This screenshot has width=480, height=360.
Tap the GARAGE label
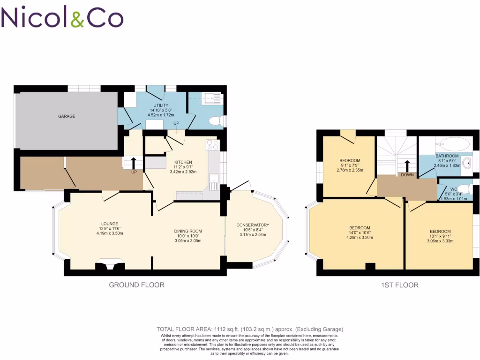click(x=67, y=116)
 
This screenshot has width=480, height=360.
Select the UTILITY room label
click(x=161, y=105)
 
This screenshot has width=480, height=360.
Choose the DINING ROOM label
click(x=188, y=231)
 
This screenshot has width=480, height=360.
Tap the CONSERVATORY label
click(x=253, y=225)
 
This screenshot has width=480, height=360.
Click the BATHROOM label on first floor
click(x=447, y=156)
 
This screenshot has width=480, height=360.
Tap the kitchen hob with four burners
click(x=212, y=145)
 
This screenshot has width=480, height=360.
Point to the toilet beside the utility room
click(x=215, y=121)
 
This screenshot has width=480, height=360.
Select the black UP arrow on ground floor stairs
click(x=134, y=163)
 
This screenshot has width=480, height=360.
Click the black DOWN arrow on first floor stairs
click(x=406, y=165)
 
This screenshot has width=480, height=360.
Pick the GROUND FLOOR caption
click(x=136, y=285)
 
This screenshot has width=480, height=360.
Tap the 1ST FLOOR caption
click(x=400, y=285)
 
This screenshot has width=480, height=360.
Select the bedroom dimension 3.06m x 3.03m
click(x=440, y=241)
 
